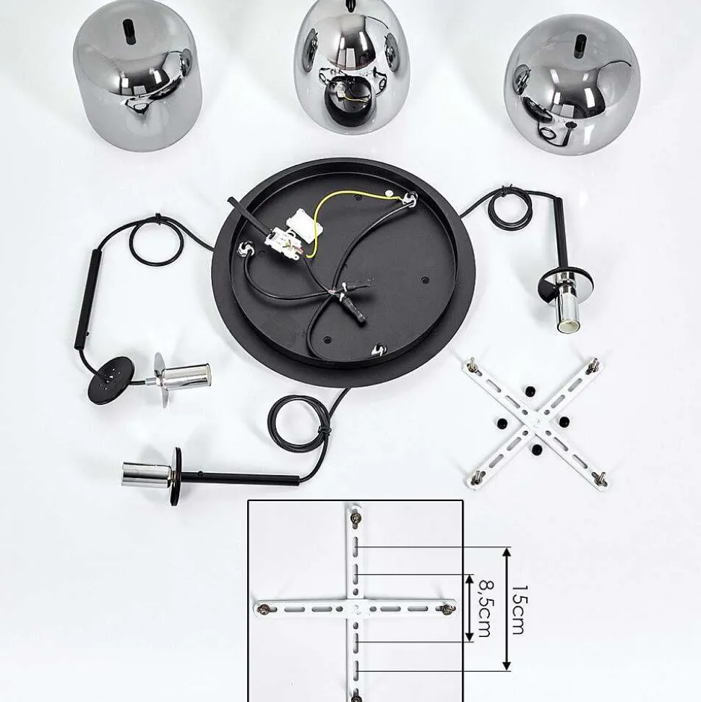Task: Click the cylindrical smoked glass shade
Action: [x=137, y=75]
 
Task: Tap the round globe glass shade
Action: [x=572, y=86]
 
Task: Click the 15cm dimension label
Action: [x=518, y=609]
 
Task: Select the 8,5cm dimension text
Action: [x=485, y=608]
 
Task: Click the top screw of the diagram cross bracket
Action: [x=356, y=518]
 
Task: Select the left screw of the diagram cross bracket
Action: [x=263, y=609]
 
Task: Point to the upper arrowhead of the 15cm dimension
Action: [x=507, y=552]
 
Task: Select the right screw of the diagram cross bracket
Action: [x=447, y=608]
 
